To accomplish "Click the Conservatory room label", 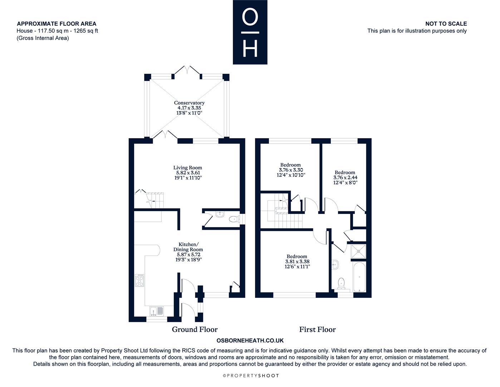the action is [189, 103].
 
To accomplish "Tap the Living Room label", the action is [187, 168].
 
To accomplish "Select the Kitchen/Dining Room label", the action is [188, 247].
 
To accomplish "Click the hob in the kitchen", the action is [139, 280].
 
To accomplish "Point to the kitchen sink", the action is [156, 311].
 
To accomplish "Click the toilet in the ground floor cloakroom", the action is [234, 219].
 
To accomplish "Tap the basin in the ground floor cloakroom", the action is [220, 214].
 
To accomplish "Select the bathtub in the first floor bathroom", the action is [359, 277].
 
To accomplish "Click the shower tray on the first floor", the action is [358, 252].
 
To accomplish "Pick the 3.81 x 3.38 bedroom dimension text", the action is [297, 261].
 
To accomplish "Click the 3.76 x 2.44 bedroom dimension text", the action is [345, 177].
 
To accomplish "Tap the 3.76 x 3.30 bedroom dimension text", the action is [291, 169].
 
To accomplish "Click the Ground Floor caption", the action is [195, 329].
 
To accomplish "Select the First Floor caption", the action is [317, 329].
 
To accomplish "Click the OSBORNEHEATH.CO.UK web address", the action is [250, 340].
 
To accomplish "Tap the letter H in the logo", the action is [250, 49].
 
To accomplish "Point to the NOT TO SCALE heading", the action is [446, 24].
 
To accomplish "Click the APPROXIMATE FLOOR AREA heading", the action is [57, 24].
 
